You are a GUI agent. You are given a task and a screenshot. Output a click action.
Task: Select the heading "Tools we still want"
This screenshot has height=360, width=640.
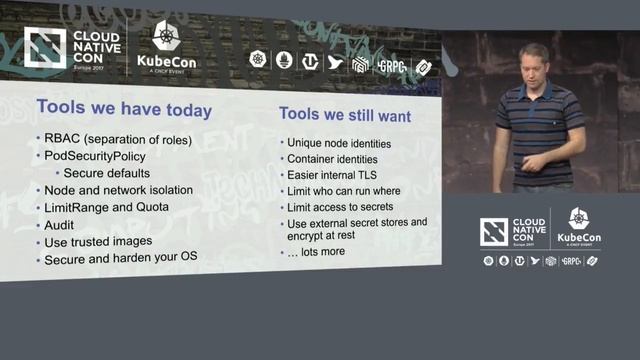(344, 116)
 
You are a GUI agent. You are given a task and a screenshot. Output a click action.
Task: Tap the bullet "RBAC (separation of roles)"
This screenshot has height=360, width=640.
(117, 139)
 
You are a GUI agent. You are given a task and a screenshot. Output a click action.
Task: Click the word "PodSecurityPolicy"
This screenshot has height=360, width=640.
(95, 156)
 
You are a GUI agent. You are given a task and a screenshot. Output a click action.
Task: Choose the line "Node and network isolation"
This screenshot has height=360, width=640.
(118, 190)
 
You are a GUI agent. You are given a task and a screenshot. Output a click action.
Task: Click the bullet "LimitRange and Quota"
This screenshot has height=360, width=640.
(106, 207)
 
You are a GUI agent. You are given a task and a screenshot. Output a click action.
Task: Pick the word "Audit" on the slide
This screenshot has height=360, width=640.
(60, 225)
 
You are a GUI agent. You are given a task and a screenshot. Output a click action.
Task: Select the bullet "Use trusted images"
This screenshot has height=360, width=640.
(98, 242)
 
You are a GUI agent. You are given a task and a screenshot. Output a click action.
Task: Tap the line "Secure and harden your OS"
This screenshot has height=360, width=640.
(121, 259)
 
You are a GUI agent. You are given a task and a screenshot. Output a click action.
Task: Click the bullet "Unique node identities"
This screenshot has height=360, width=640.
(338, 143)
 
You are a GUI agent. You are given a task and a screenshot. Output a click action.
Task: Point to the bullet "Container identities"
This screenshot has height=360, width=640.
(331, 158)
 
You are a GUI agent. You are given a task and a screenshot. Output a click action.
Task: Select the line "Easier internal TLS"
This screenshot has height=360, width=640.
(333, 174)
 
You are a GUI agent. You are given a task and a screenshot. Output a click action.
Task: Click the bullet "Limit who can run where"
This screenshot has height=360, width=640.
(343, 190)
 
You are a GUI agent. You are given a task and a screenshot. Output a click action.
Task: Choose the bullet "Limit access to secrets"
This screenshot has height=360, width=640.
(342, 206)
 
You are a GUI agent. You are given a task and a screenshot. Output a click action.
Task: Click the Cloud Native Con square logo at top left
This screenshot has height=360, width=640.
(44, 49)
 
